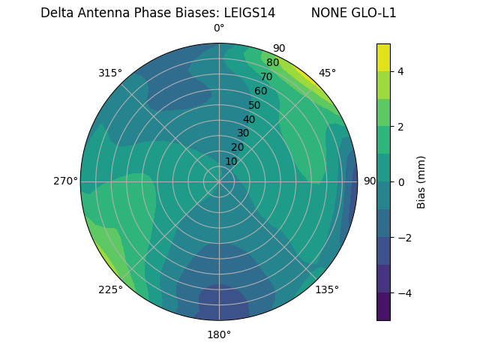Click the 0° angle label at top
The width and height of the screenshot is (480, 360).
pyautogui.click(x=219, y=28)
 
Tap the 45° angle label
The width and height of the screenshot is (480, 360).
pyautogui.click(x=327, y=73)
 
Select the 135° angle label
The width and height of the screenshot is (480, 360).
pyautogui.click(x=327, y=289)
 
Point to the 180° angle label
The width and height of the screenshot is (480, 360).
pyautogui.click(x=219, y=334)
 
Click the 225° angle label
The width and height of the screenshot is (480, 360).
pyautogui.click(x=110, y=289)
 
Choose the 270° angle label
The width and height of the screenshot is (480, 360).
pyautogui.click(x=65, y=181)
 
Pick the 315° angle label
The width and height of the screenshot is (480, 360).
pyautogui.click(x=110, y=73)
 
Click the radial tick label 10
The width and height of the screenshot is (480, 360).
pyautogui.click(x=231, y=162)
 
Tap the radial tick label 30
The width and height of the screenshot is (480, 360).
pyautogui.click(x=243, y=133)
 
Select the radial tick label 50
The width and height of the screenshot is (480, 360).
pyautogui.click(x=254, y=106)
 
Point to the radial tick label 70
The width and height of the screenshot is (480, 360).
pyautogui.click(x=266, y=77)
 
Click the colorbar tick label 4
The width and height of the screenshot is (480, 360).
pyautogui.click(x=401, y=71)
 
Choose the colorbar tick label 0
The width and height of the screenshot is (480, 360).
pyautogui.click(x=401, y=181)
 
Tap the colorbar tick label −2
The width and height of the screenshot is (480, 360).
pyautogui.click(x=404, y=237)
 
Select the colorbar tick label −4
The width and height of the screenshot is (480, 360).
pyautogui.click(x=404, y=292)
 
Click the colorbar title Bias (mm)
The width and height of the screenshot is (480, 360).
pyautogui.click(x=421, y=181)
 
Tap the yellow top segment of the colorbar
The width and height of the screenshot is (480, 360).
pyautogui.click(x=383, y=57)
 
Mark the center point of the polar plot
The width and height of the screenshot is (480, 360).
pyautogui.click(x=219, y=181)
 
